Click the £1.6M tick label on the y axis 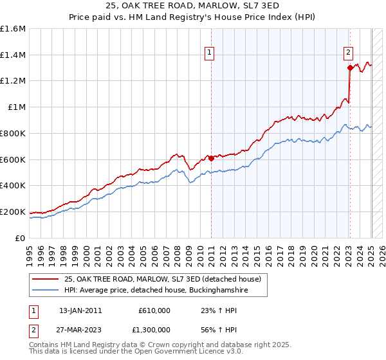pyautogui.click(x=13, y=29)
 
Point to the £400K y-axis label pyautogui.click(x=13, y=186)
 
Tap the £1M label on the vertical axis pyautogui.click(x=17, y=107)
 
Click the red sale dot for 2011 pyautogui.click(x=211, y=157)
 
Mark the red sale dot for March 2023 pyautogui.click(x=349, y=67)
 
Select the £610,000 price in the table pyautogui.click(x=154, y=310)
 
